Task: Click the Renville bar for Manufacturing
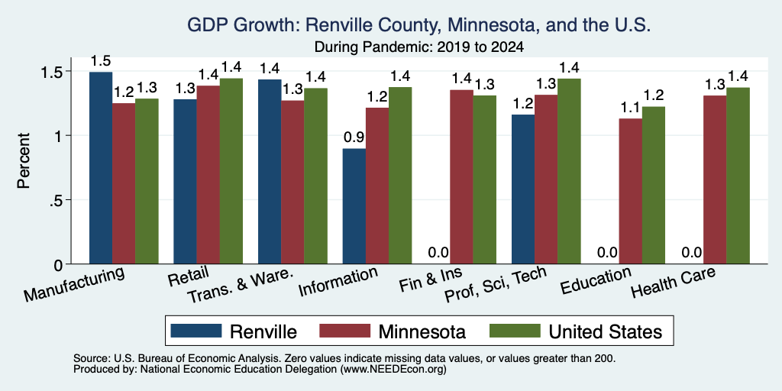101,167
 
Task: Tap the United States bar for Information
400,176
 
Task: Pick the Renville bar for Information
354,206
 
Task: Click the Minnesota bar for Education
630,191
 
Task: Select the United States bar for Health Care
738,176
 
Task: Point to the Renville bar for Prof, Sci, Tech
523,189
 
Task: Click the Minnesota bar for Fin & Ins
461,176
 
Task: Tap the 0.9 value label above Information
354,137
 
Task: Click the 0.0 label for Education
607,252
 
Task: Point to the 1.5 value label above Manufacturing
101,61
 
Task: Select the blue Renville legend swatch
196,331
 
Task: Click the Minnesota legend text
422,331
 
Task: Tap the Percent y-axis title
24,160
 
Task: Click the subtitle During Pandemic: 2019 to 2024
419,47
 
